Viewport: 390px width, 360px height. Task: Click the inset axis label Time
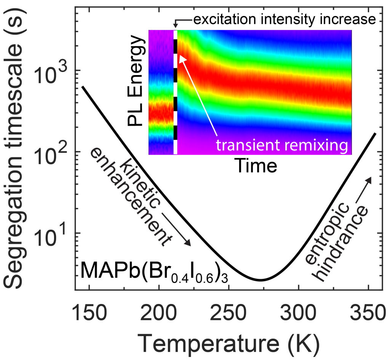[x=255, y=166]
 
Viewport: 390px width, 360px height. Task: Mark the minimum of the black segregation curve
[x=261, y=280]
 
